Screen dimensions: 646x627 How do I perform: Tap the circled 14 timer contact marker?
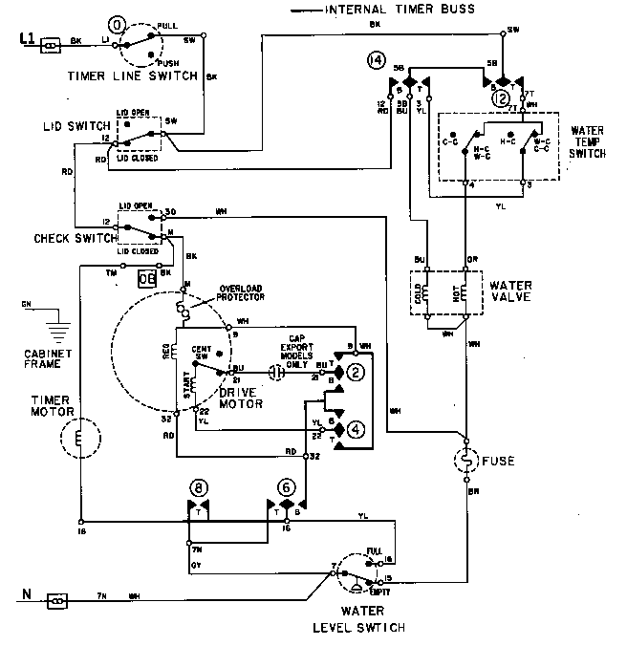pos(375,63)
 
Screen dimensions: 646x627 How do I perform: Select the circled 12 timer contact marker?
pos(498,97)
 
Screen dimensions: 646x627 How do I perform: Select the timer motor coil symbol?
pos(79,440)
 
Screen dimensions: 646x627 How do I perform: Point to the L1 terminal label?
pos(26,41)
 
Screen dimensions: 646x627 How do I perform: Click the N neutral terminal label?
pos(26,600)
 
